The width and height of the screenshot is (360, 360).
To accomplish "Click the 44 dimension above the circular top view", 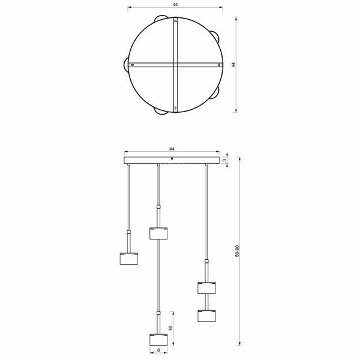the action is [175, 5].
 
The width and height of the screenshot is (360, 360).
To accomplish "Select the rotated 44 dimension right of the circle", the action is [234, 65].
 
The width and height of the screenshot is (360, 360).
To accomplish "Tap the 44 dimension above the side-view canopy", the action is [172, 149].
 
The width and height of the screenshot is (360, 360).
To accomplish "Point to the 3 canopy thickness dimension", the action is [225, 160].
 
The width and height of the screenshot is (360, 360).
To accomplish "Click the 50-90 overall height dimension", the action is [237, 251].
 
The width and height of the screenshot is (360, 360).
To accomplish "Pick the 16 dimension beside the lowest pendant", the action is [170, 328].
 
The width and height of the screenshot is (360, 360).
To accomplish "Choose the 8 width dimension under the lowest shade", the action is [158, 350].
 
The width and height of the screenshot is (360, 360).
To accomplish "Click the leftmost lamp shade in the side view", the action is [129, 259].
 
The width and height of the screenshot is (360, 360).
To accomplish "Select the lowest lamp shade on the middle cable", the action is [158, 340].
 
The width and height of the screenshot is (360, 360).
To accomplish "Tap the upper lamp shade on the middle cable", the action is [158, 233].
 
